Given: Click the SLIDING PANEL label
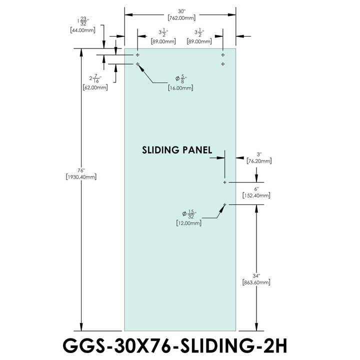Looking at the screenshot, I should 177,149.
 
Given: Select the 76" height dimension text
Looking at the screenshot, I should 81,170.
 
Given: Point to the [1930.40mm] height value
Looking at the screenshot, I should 81,177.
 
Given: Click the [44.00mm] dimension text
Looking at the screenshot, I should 83,30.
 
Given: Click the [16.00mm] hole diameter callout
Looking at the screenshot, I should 181,88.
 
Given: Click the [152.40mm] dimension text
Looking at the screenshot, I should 256,196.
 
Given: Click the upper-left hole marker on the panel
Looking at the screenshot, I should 138,54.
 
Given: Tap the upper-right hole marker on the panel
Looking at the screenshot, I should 222,54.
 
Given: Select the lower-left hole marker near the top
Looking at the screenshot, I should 138,64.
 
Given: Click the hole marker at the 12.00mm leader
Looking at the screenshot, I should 225,204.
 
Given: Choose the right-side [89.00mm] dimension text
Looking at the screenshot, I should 198,42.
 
